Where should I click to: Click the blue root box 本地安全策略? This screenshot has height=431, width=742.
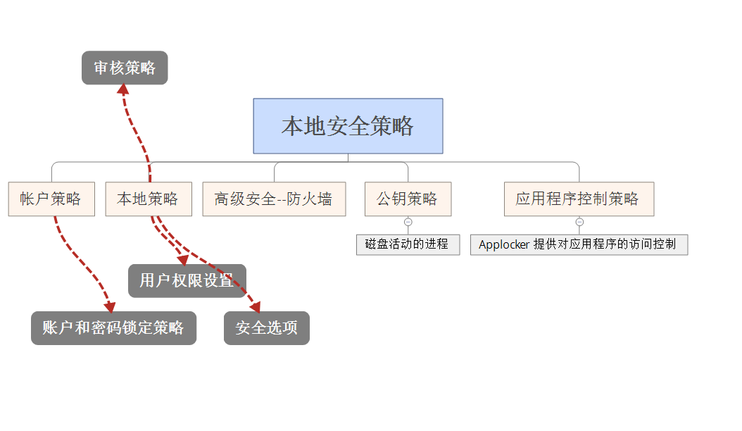[348, 126]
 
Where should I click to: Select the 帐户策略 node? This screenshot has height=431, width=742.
[51, 199]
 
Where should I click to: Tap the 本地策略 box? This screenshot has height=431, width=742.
[149, 199]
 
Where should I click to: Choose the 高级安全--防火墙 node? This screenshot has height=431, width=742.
[274, 199]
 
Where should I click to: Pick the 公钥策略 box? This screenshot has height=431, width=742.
[408, 199]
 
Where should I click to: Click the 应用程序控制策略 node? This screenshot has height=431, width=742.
[579, 199]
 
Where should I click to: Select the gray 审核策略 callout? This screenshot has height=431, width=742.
[125, 68]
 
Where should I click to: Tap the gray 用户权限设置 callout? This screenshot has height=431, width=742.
[187, 281]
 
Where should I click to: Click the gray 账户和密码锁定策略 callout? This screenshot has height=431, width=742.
[113, 328]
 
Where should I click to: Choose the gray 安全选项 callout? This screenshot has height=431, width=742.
[266, 328]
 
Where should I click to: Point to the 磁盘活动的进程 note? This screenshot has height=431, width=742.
[408, 244]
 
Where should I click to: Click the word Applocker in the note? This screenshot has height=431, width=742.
[503, 244]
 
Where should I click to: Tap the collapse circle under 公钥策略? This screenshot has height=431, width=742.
[408, 222]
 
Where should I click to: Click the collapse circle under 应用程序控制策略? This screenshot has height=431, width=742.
[579, 222]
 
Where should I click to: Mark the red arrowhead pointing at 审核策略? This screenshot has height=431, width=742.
[122, 88]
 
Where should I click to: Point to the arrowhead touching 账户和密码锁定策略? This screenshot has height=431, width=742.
[109, 308]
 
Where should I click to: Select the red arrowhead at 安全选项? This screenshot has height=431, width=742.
[256, 307]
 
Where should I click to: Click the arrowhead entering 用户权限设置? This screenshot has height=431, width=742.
[182, 260]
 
